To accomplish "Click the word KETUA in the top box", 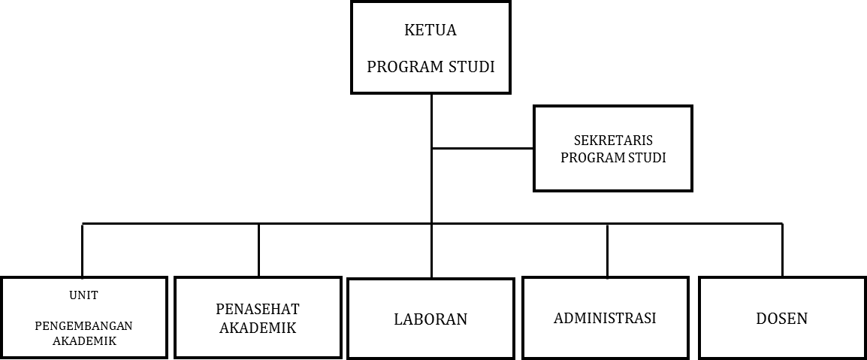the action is point(430,30).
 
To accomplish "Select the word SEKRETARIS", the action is point(612,141).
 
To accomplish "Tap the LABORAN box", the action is point(430,319).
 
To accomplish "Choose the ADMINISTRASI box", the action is point(606,318).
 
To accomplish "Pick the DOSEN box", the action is point(782,318).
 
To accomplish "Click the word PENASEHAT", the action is point(258,309).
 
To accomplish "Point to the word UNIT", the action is point(83,295).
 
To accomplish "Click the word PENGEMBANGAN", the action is point(83,325).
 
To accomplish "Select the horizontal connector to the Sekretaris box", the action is point(483,148).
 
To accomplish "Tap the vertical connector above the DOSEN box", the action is point(782,250).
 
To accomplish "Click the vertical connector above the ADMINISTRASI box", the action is point(607,250).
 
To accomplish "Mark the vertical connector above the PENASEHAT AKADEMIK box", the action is point(258,250).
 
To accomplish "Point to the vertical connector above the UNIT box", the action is point(83,250).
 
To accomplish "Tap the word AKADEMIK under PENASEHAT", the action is point(258,328).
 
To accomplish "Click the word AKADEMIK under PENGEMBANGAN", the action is point(85,340).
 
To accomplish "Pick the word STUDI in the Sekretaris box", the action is point(646,158).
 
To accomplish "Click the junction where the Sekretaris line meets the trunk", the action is point(431,148).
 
